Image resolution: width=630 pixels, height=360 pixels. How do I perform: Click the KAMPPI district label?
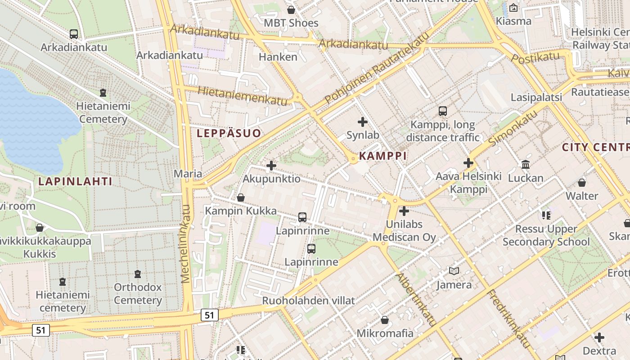coord(382,156)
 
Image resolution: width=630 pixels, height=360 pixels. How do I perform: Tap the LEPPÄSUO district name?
coord(229,133)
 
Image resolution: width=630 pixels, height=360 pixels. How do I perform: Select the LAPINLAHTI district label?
coord(75,181)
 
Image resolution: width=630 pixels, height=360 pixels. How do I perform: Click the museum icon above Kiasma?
coord(513,8)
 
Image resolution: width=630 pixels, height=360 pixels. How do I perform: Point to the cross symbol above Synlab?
coord(363,122)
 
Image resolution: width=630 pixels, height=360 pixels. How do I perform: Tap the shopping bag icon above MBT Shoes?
coord(291,10)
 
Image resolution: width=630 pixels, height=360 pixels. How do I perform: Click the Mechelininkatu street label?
coord(186,243)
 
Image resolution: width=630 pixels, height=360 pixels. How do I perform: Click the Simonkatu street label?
coord(513,128)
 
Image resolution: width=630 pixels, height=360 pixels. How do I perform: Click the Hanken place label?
coord(278,57)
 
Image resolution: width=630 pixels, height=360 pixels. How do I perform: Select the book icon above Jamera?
coord(454,271)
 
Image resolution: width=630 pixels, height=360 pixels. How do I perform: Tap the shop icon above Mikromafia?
coord(385,320)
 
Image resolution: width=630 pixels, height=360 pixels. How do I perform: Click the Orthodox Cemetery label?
coord(138,294)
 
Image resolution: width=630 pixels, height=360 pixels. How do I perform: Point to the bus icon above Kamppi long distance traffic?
coord(443,111)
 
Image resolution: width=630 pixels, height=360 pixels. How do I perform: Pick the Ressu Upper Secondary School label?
coord(546,235)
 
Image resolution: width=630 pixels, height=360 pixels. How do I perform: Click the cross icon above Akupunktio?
coord(271,166)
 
